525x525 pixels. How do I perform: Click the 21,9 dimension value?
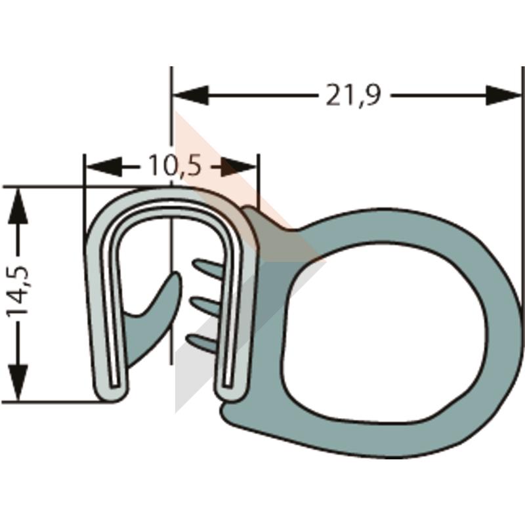353,95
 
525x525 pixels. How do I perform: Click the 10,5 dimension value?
175,165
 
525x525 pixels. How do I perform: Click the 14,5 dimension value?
18,291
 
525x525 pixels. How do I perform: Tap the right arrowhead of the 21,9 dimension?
503,95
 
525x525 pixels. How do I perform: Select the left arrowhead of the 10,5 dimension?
102,167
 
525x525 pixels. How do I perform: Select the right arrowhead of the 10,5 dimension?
239,167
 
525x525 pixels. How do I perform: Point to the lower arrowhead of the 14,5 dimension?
18,383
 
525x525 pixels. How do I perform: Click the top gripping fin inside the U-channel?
207,267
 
